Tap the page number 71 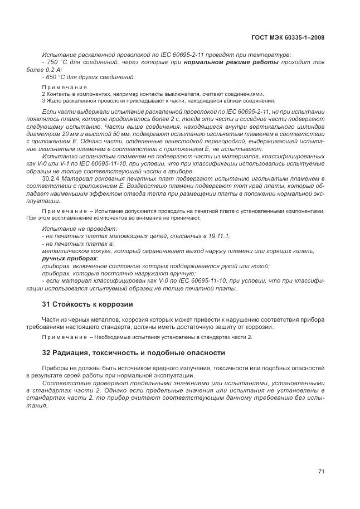pyautogui.click(x=321, y=471)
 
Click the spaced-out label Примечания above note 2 pyautogui.click(x=65, y=88)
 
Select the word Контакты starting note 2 pyautogui.click(x=58, y=94)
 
